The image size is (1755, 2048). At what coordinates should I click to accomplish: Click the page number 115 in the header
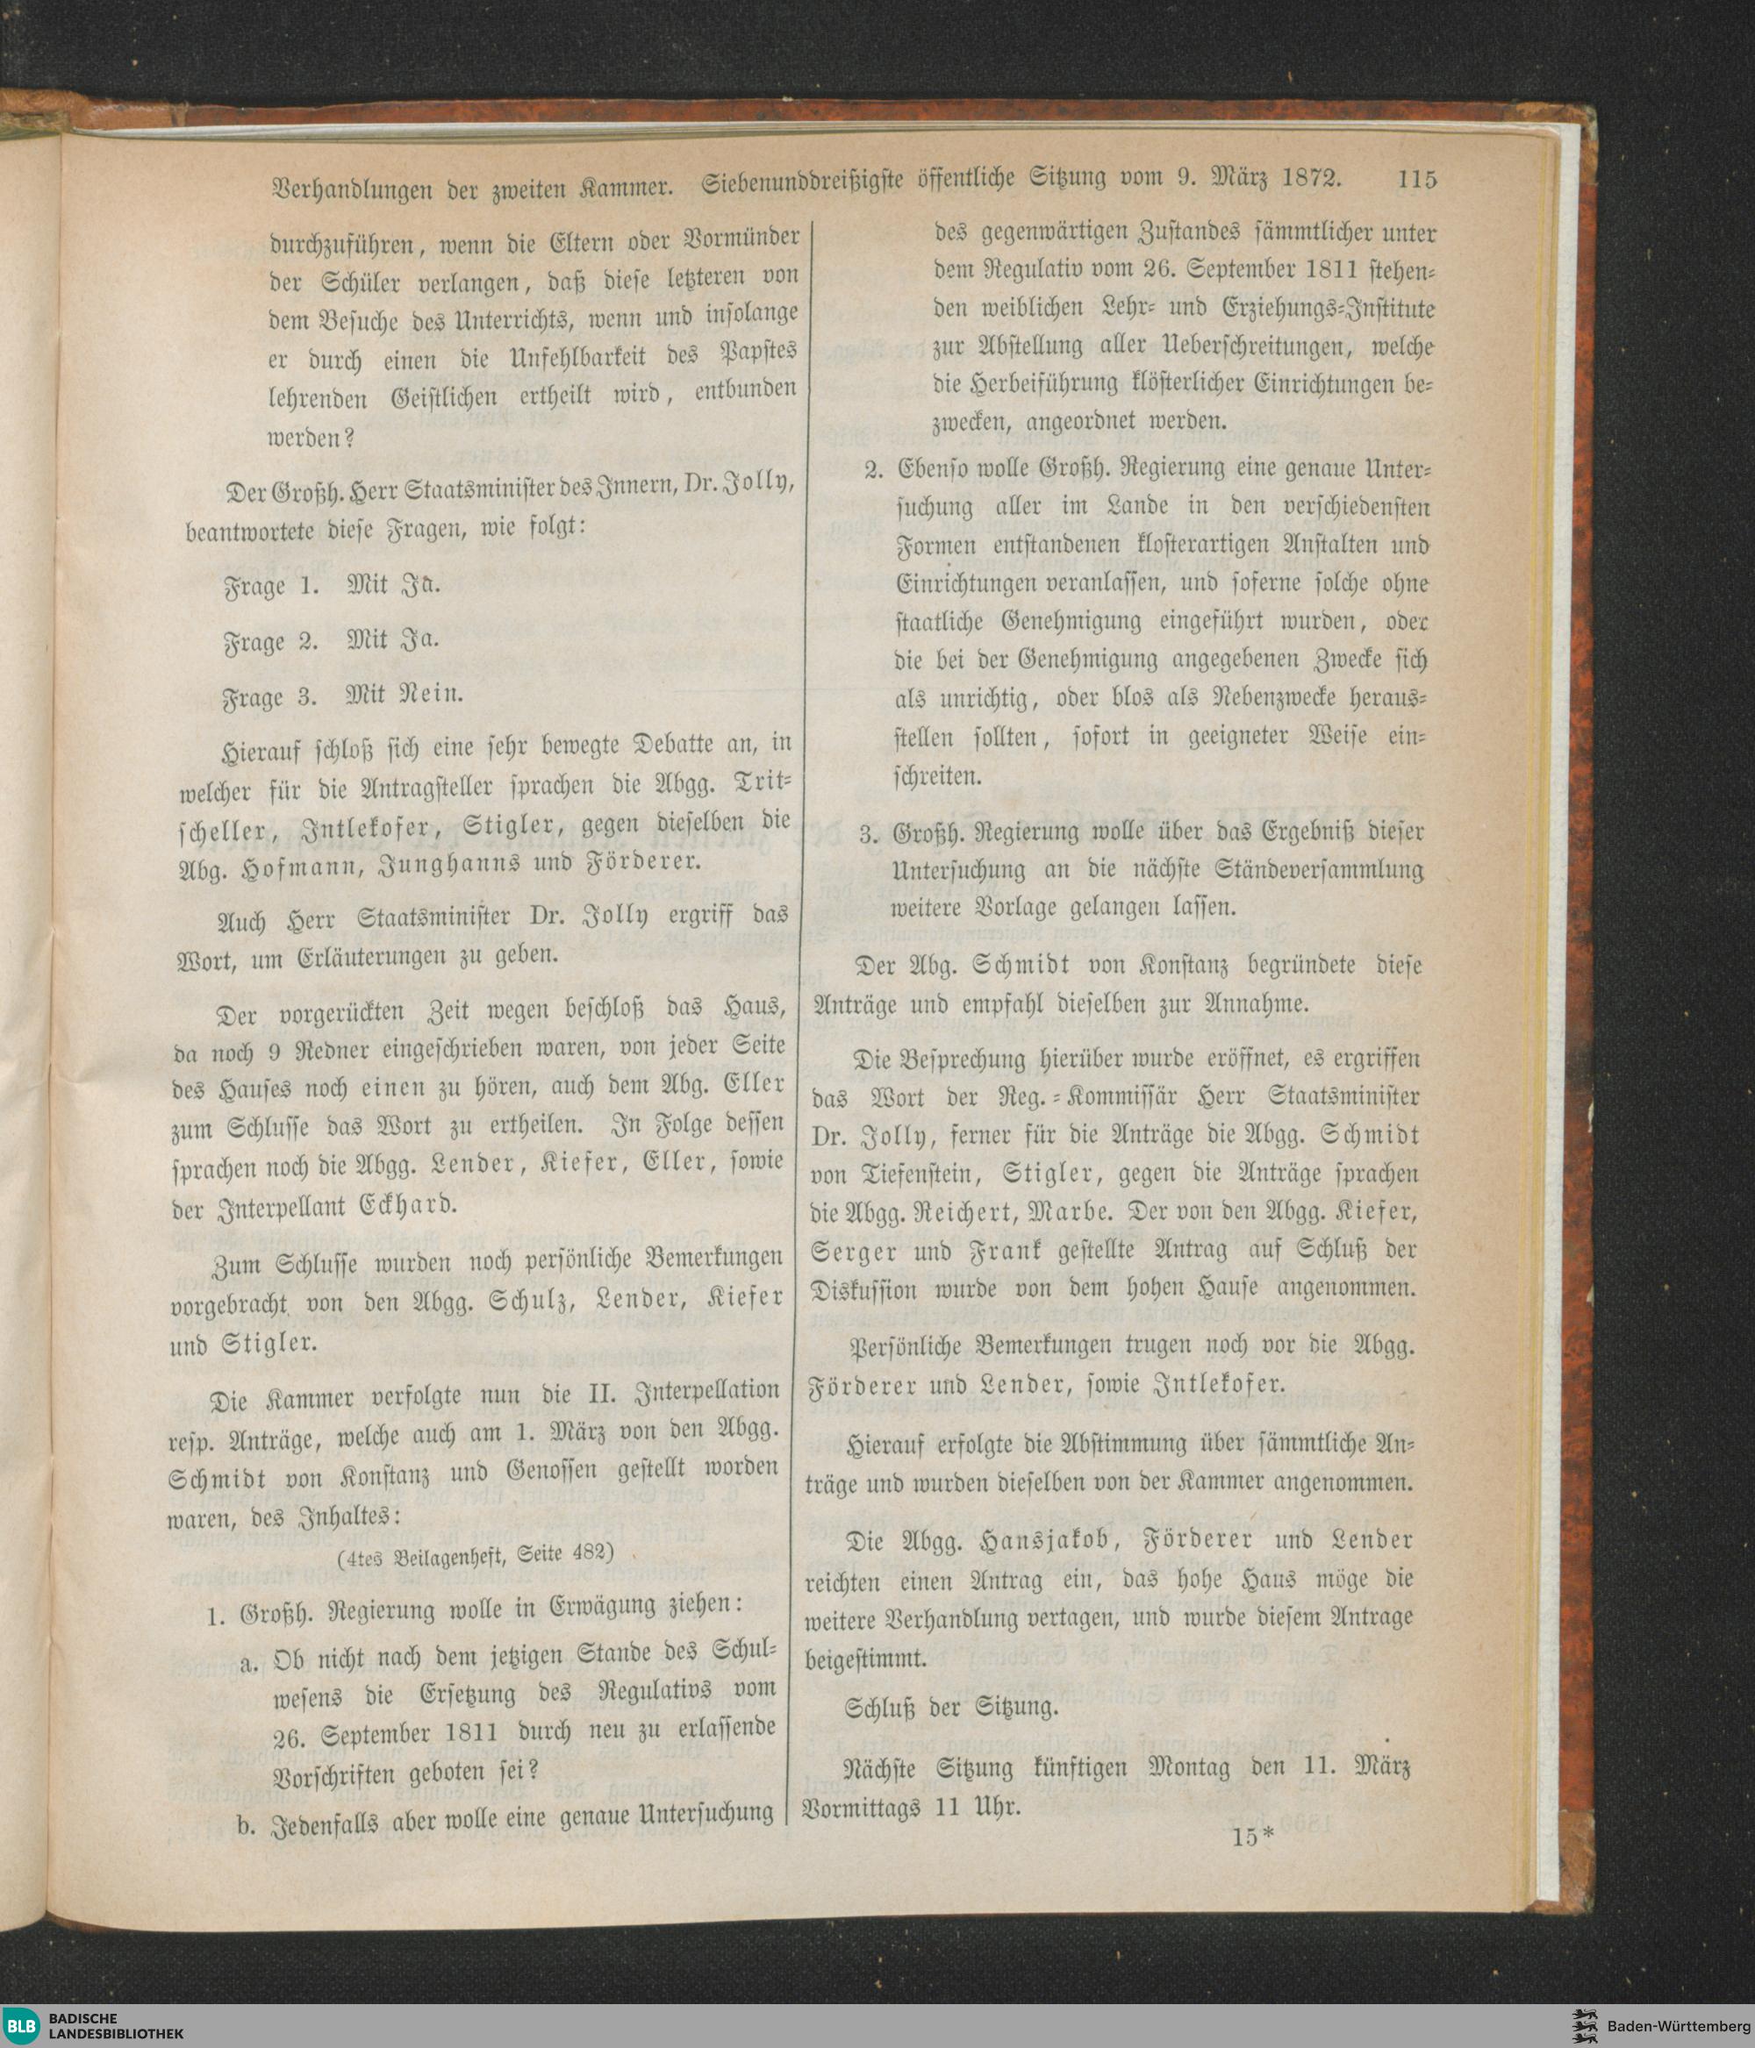tap(1416, 180)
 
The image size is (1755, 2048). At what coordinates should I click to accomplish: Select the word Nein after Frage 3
tap(430, 696)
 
